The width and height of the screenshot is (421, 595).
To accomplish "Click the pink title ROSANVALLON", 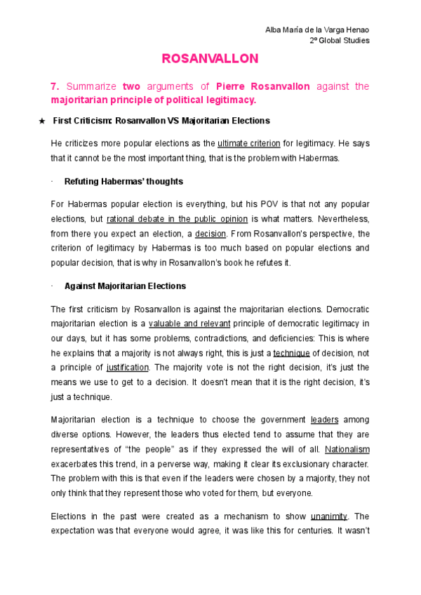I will coord(210,58).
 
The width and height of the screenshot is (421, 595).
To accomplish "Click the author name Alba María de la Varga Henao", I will coord(317,29).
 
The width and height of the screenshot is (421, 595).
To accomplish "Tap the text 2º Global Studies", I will coord(340,40).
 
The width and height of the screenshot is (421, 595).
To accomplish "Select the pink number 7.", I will coord(55,87).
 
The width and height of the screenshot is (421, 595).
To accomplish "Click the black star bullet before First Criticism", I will coord(40,121).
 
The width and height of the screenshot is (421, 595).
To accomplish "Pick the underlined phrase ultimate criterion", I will coord(248,143).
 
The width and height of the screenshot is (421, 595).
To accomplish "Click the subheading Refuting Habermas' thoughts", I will coord(123,182).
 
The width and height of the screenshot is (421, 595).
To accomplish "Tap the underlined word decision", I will coord(210,234).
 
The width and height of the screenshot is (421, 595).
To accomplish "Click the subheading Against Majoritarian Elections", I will coord(125,286).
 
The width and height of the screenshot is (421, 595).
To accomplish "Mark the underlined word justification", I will coord(128,368).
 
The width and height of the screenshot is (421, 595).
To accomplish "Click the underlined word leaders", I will coord(324,420).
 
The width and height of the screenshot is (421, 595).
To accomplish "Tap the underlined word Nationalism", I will coord(347,449).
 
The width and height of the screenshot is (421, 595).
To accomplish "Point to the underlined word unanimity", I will coord(330,516).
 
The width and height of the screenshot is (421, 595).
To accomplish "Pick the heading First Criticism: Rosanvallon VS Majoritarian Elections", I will coord(161,121).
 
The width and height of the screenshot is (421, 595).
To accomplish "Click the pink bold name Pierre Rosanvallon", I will coord(262,87).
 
